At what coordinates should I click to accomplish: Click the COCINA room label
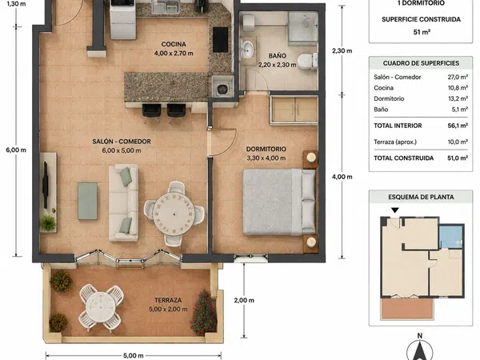(x=174, y=44)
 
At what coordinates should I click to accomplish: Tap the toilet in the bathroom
(x=307, y=61)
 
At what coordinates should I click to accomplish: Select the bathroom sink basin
(x=246, y=49)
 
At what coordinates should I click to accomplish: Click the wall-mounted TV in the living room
(x=46, y=186)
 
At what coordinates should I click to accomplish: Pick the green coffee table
(x=87, y=201)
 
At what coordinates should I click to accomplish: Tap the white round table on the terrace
(x=101, y=307)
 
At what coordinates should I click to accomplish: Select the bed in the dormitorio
(x=279, y=202)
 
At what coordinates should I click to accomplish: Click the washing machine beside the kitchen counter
(x=222, y=86)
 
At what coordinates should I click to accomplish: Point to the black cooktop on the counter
(x=221, y=40)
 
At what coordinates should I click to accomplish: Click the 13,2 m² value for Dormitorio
(x=458, y=98)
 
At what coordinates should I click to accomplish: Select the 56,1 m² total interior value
(x=458, y=126)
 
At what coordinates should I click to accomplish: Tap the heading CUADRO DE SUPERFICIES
(x=421, y=63)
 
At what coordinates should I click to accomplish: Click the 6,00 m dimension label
(x=16, y=150)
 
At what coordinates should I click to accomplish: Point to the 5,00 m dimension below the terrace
(x=134, y=356)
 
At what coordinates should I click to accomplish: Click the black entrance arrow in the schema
(x=395, y=210)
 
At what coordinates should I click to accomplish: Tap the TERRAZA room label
(x=168, y=300)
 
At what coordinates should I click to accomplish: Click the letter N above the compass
(x=420, y=336)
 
